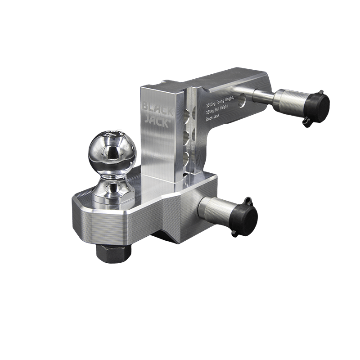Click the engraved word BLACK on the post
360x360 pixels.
[155, 108]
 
